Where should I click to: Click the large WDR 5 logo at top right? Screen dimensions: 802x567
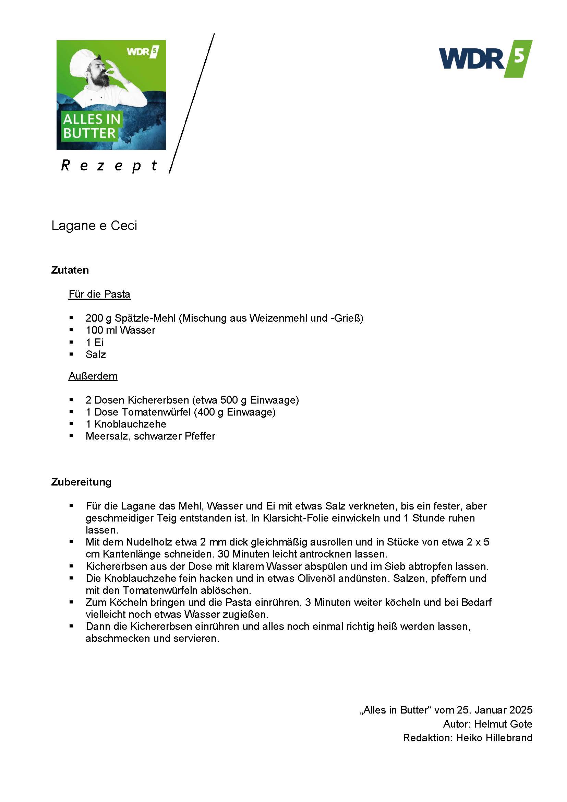coord(485,59)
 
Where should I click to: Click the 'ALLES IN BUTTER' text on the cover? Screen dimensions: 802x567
coord(92,126)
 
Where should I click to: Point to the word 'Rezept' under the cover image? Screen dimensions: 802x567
coord(109,166)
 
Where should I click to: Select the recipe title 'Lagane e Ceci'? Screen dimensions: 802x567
coord(94,226)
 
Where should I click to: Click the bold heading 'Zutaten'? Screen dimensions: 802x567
coord(70,270)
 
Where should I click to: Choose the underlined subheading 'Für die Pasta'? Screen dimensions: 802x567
coord(99,294)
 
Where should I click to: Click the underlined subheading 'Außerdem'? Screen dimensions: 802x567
coord(93,376)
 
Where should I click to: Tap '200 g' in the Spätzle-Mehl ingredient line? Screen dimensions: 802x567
coord(98,318)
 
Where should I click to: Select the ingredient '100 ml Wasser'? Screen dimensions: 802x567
coord(120,330)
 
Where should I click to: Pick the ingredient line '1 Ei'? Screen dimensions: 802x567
coord(95,342)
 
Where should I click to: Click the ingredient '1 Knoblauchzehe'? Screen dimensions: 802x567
coord(126,424)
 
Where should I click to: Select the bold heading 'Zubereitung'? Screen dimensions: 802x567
coord(81,482)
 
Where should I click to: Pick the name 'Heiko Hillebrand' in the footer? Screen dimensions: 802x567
coord(494,738)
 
